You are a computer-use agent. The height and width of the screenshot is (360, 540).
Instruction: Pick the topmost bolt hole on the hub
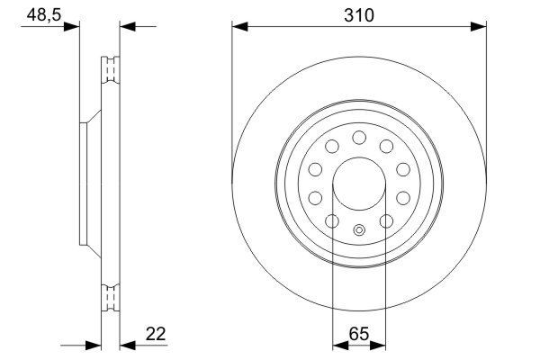pyautogui.click(x=359, y=137)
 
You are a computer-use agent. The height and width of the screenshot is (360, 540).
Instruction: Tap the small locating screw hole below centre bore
pyautogui.click(x=359, y=229)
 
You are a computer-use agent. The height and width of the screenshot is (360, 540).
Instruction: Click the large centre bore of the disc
pyautogui.click(x=359, y=184)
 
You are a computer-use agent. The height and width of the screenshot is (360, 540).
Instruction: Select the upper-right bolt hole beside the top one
pyautogui.click(x=386, y=146)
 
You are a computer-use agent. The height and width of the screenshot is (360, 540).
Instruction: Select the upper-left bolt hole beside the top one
pyautogui.click(x=332, y=146)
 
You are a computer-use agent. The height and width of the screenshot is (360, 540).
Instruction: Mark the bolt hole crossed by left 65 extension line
pyautogui.click(x=332, y=220)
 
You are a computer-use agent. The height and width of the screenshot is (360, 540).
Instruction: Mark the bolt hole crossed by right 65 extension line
pyautogui.click(x=386, y=220)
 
